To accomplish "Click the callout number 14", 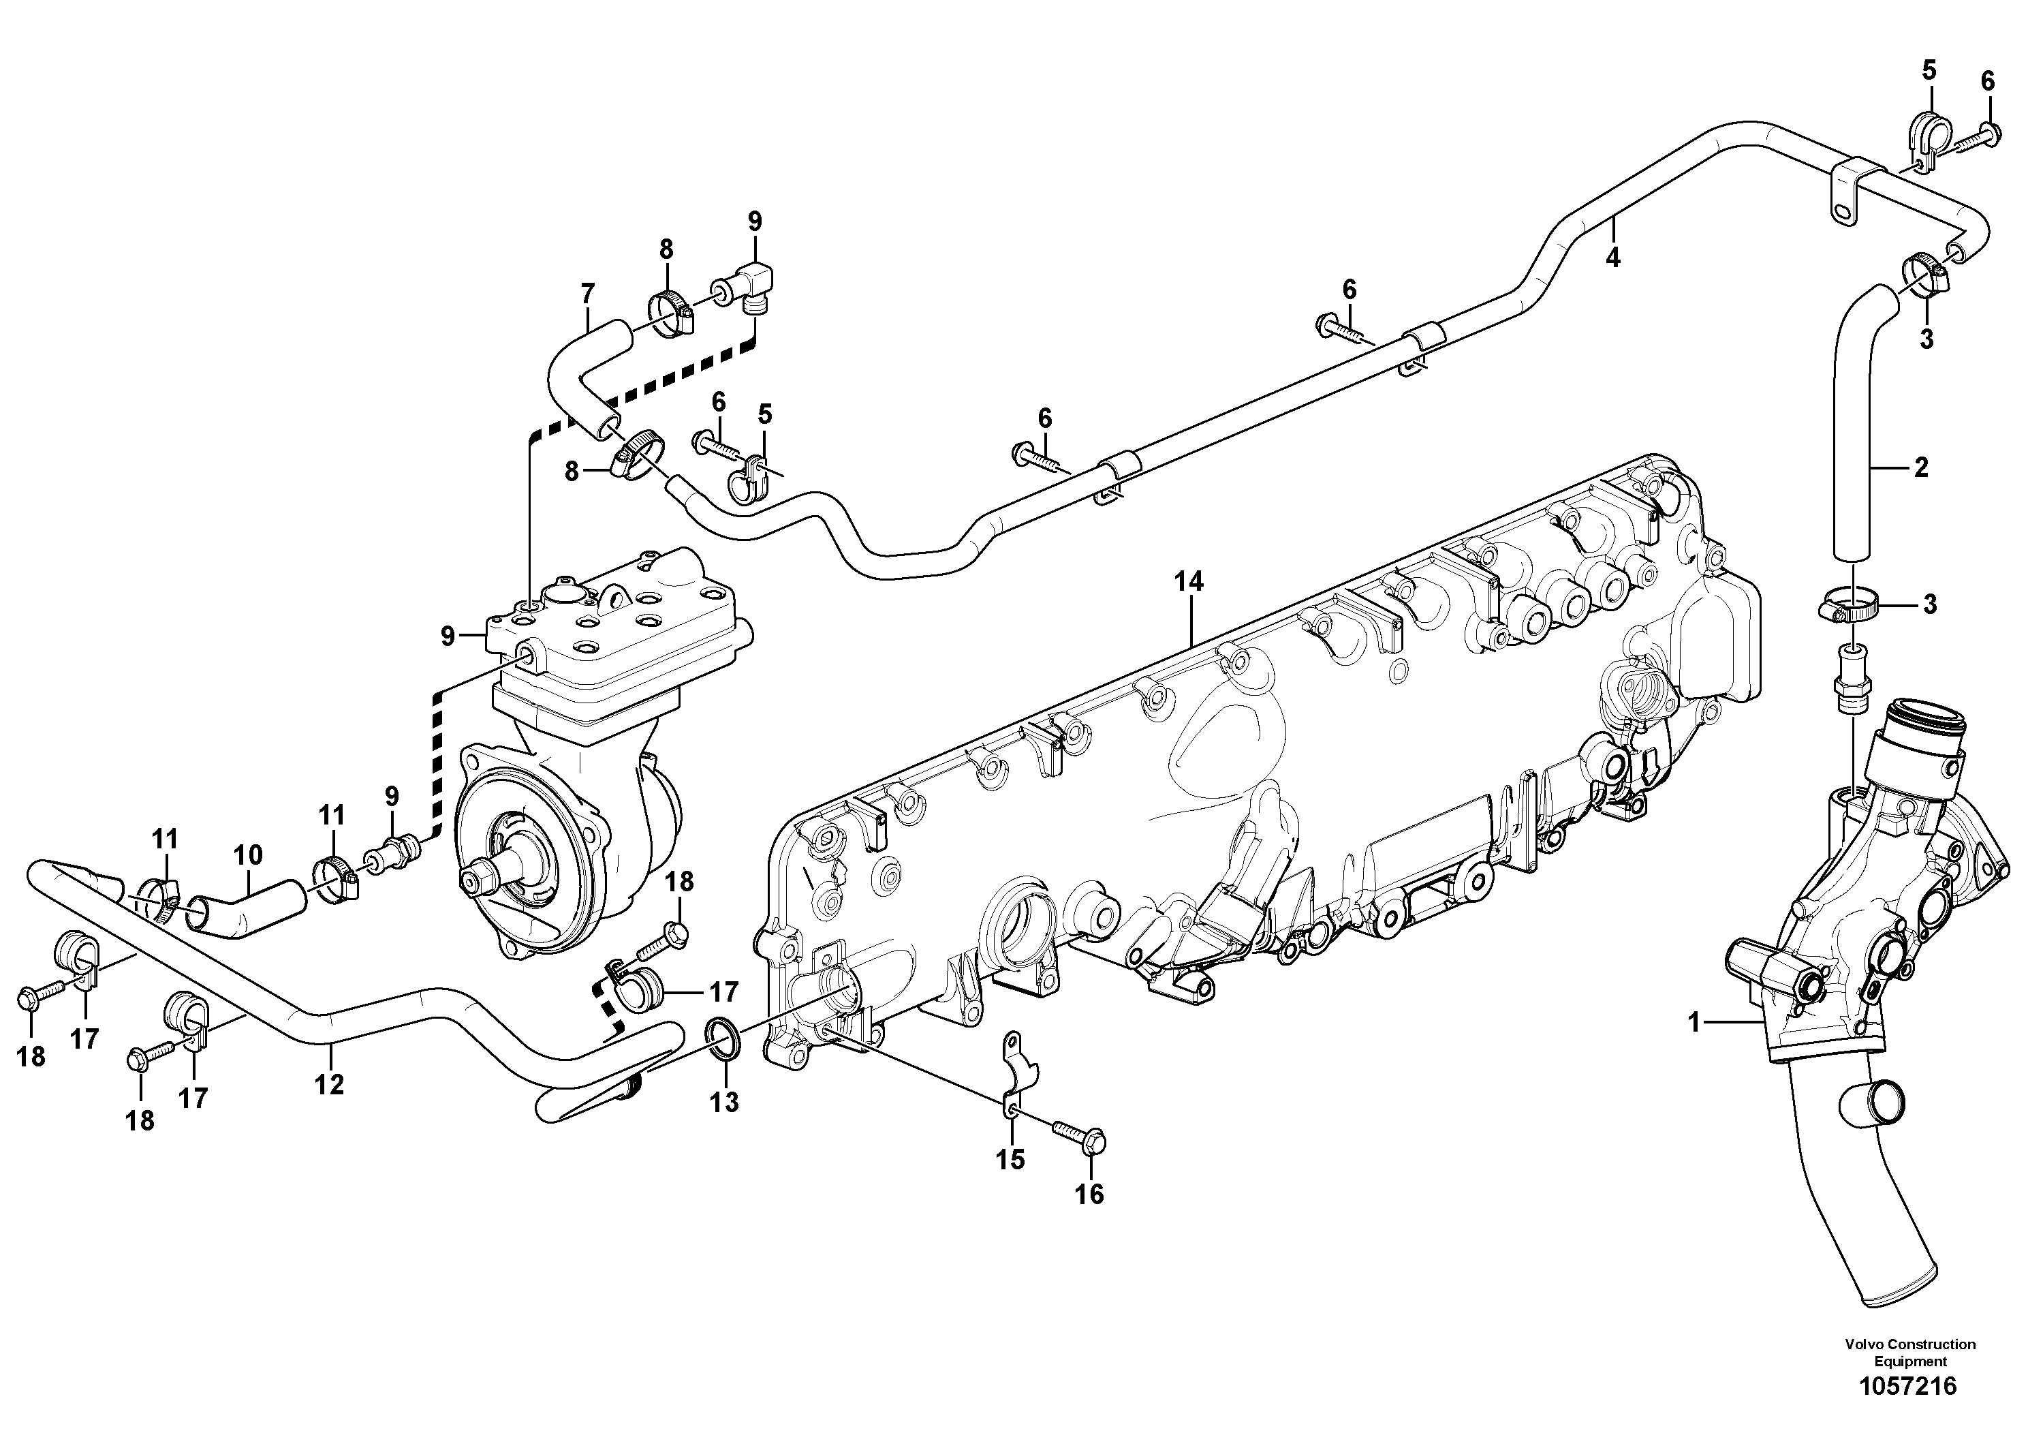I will coord(1188,581).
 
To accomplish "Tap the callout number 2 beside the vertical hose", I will coord(1920,467).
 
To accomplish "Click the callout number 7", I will coord(587,293).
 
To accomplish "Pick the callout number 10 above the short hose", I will coord(248,854).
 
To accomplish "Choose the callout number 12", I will coord(328,1084).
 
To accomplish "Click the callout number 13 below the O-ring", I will coord(724,1102).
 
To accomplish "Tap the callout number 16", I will coord(1089,1195).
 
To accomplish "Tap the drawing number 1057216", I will coord(1908,1385).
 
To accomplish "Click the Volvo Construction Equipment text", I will coord(1909,1353).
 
